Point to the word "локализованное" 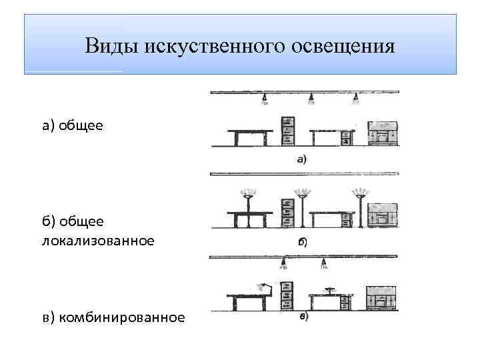(98, 240)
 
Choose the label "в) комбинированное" (113, 317)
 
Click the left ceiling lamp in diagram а (265, 99)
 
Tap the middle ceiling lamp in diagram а (310, 99)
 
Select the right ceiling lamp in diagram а (355, 99)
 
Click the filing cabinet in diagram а (287, 131)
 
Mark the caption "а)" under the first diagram (301, 159)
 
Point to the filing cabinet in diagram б (287, 213)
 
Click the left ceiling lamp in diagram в (283, 263)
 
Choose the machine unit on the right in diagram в (382, 298)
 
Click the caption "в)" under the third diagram (303, 317)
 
